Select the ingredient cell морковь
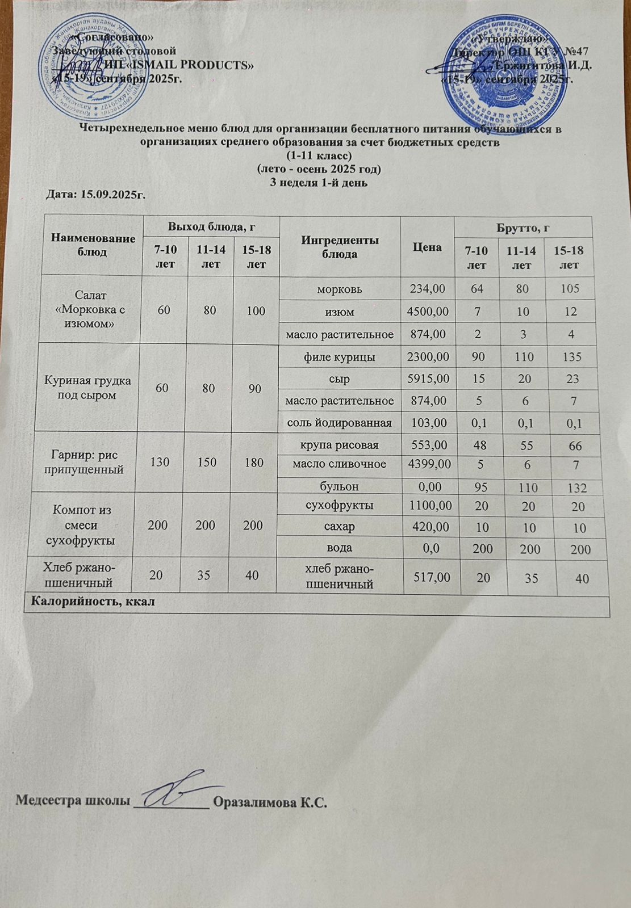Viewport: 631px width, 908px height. coord(340,289)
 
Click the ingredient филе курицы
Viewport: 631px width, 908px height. coord(340,357)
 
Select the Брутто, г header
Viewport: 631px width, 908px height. coord(523,228)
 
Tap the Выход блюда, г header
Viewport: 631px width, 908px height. coord(210,227)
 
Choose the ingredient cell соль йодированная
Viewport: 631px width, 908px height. coord(340,423)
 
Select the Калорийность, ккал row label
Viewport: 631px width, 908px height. coord(93,602)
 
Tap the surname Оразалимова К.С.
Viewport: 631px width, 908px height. coord(269,803)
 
